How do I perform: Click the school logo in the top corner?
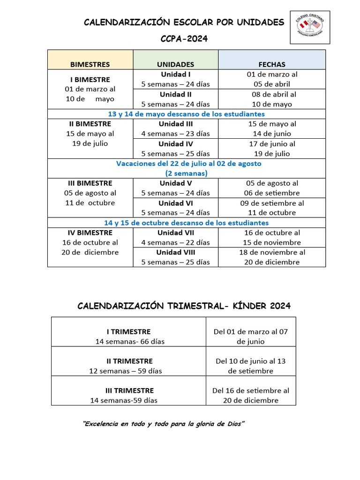(x=310, y=27)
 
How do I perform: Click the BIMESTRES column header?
(x=90, y=64)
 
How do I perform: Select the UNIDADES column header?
(x=175, y=64)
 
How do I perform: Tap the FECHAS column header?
(x=272, y=64)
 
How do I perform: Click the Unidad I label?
(x=175, y=75)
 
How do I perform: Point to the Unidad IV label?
(x=175, y=144)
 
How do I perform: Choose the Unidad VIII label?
(x=175, y=252)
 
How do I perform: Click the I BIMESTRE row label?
(x=90, y=80)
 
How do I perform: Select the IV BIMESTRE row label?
(x=90, y=232)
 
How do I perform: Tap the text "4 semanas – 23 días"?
(x=175, y=134)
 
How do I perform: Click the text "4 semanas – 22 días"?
(x=175, y=242)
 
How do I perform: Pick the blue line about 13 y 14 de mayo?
(x=186, y=114)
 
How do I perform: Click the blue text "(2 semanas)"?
(x=186, y=173)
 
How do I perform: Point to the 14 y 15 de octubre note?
(x=186, y=223)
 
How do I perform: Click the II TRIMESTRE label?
(x=129, y=361)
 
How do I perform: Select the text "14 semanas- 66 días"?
(x=130, y=341)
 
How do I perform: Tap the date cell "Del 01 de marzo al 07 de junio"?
(x=251, y=336)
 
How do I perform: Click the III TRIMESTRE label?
(x=129, y=390)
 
